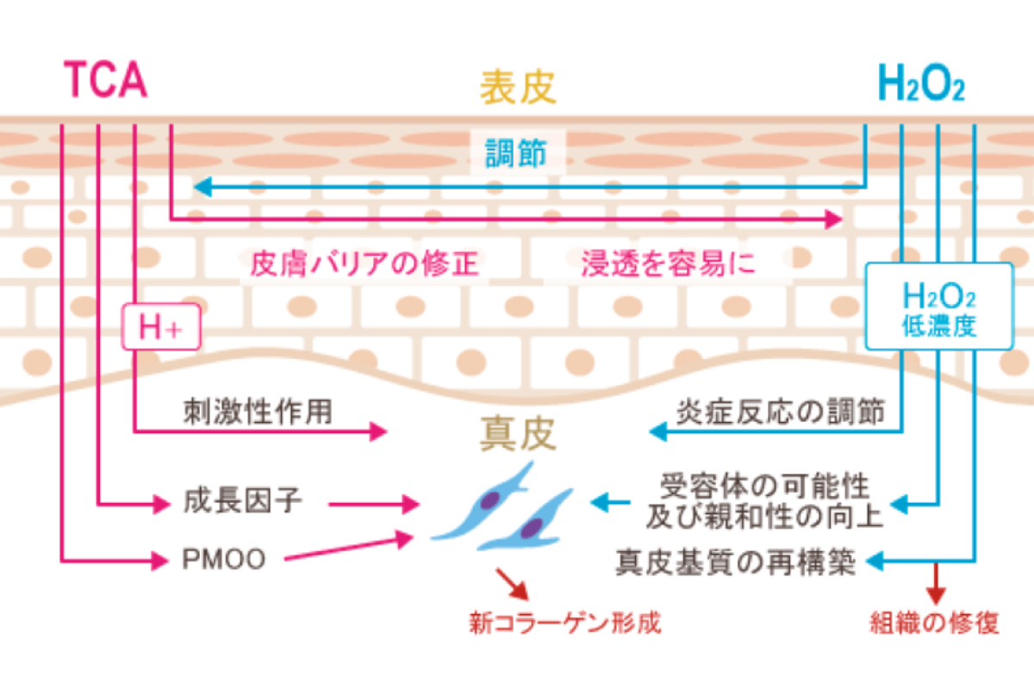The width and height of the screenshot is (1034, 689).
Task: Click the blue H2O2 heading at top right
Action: point(920,84)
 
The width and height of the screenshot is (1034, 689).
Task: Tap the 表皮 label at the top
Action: point(519,87)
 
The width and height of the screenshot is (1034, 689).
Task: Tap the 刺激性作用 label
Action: point(257,412)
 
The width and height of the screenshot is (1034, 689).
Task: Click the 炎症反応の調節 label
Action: point(782,412)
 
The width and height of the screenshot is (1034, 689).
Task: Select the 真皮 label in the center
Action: point(518,435)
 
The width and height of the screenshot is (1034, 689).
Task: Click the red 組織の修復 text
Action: point(936,623)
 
